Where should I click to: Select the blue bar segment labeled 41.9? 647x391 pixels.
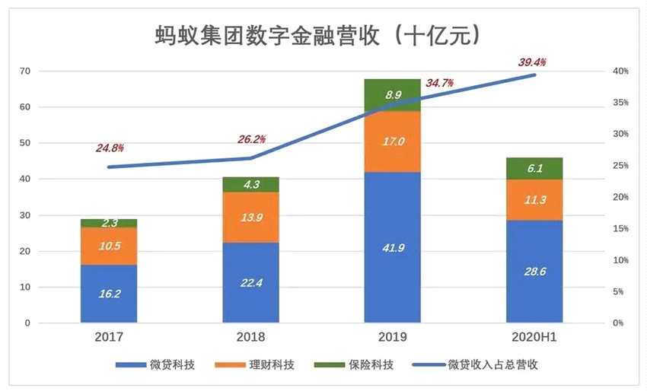(x=393, y=247)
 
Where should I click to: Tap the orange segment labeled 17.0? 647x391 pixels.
(x=393, y=141)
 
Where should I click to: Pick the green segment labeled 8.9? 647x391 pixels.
(x=393, y=95)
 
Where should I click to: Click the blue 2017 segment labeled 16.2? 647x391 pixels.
(x=109, y=294)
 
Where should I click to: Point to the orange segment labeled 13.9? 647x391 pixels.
(x=251, y=218)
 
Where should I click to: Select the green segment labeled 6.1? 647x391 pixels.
(x=534, y=168)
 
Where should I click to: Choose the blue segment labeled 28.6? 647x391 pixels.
(x=534, y=272)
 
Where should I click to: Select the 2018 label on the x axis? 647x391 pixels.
(x=251, y=337)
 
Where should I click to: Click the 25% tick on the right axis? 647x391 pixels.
(x=621, y=166)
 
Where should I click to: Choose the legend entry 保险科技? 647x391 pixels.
(x=363, y=365)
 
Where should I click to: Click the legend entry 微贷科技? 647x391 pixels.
(x=157, y=365)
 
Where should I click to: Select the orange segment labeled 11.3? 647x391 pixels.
(x=534, y=200)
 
